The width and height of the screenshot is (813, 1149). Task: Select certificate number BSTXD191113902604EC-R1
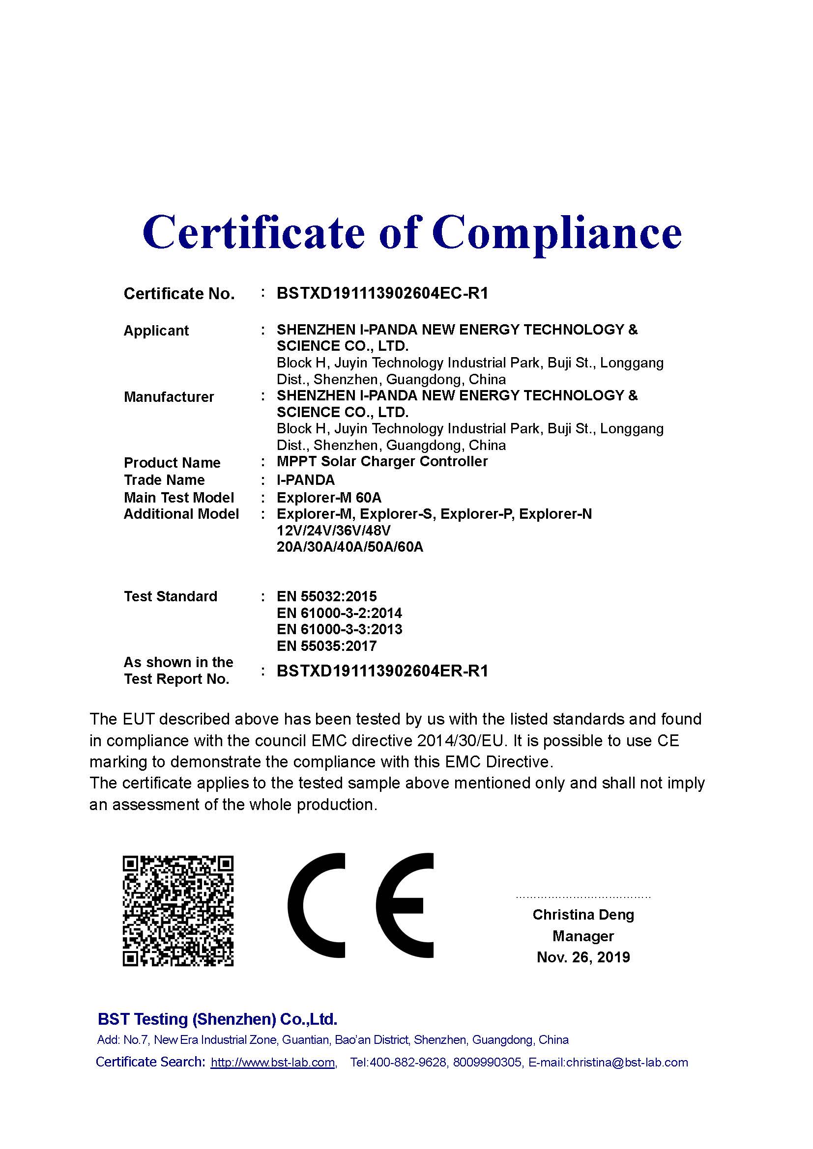pyautogui.click(x=382, y=293)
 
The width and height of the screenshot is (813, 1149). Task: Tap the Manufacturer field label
pyautogui.click(x=169, y=397)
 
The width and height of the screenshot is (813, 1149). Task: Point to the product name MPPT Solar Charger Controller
pyautogui.click(x=382, y=461)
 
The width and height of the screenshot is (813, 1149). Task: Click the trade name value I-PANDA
pyautogui.click(x=305, y=480)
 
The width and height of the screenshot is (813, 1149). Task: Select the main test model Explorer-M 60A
pyautogui.click(x=329, y=498)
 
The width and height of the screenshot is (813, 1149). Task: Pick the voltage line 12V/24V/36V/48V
pyautogui.click(x=333, y=531)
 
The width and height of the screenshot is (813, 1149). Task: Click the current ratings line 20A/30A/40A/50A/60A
pyautogui.click(x=350, y=547)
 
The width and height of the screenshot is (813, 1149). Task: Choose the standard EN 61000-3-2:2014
pyautogui.click(x=339, y=613)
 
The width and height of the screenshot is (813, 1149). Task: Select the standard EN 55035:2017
pyautogui.click(x=326, y=646)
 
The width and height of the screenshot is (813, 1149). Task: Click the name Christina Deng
pyautogui.click(x=583, y=915)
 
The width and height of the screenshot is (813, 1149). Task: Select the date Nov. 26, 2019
pyautogui.click(x=583, y=957)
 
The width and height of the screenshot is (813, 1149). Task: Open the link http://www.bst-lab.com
pyautogui.click(x=273, y=1063)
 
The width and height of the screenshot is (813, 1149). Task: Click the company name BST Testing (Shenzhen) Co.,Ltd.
pyautogui.click(x=217, y=1019)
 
